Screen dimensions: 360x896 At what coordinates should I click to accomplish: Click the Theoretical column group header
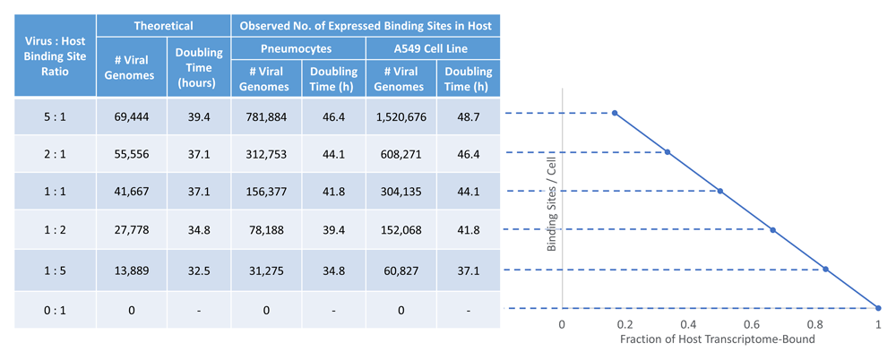tap(163, 26)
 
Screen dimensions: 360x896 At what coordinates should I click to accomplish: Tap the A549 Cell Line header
tap(432, 48)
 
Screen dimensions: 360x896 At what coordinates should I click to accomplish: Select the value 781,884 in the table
tap(264, 116)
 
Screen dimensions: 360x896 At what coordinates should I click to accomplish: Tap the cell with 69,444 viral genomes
tap(131, 116)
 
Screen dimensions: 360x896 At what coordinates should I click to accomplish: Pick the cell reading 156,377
tap(264, 192)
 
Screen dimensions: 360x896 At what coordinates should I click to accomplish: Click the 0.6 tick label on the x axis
tap(752, 326)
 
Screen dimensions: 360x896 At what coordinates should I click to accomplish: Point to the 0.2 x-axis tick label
tap(625, 326)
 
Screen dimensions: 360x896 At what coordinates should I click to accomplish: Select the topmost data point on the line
tap(615, 113)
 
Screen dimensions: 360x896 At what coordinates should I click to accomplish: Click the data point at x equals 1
tap(878, 308)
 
